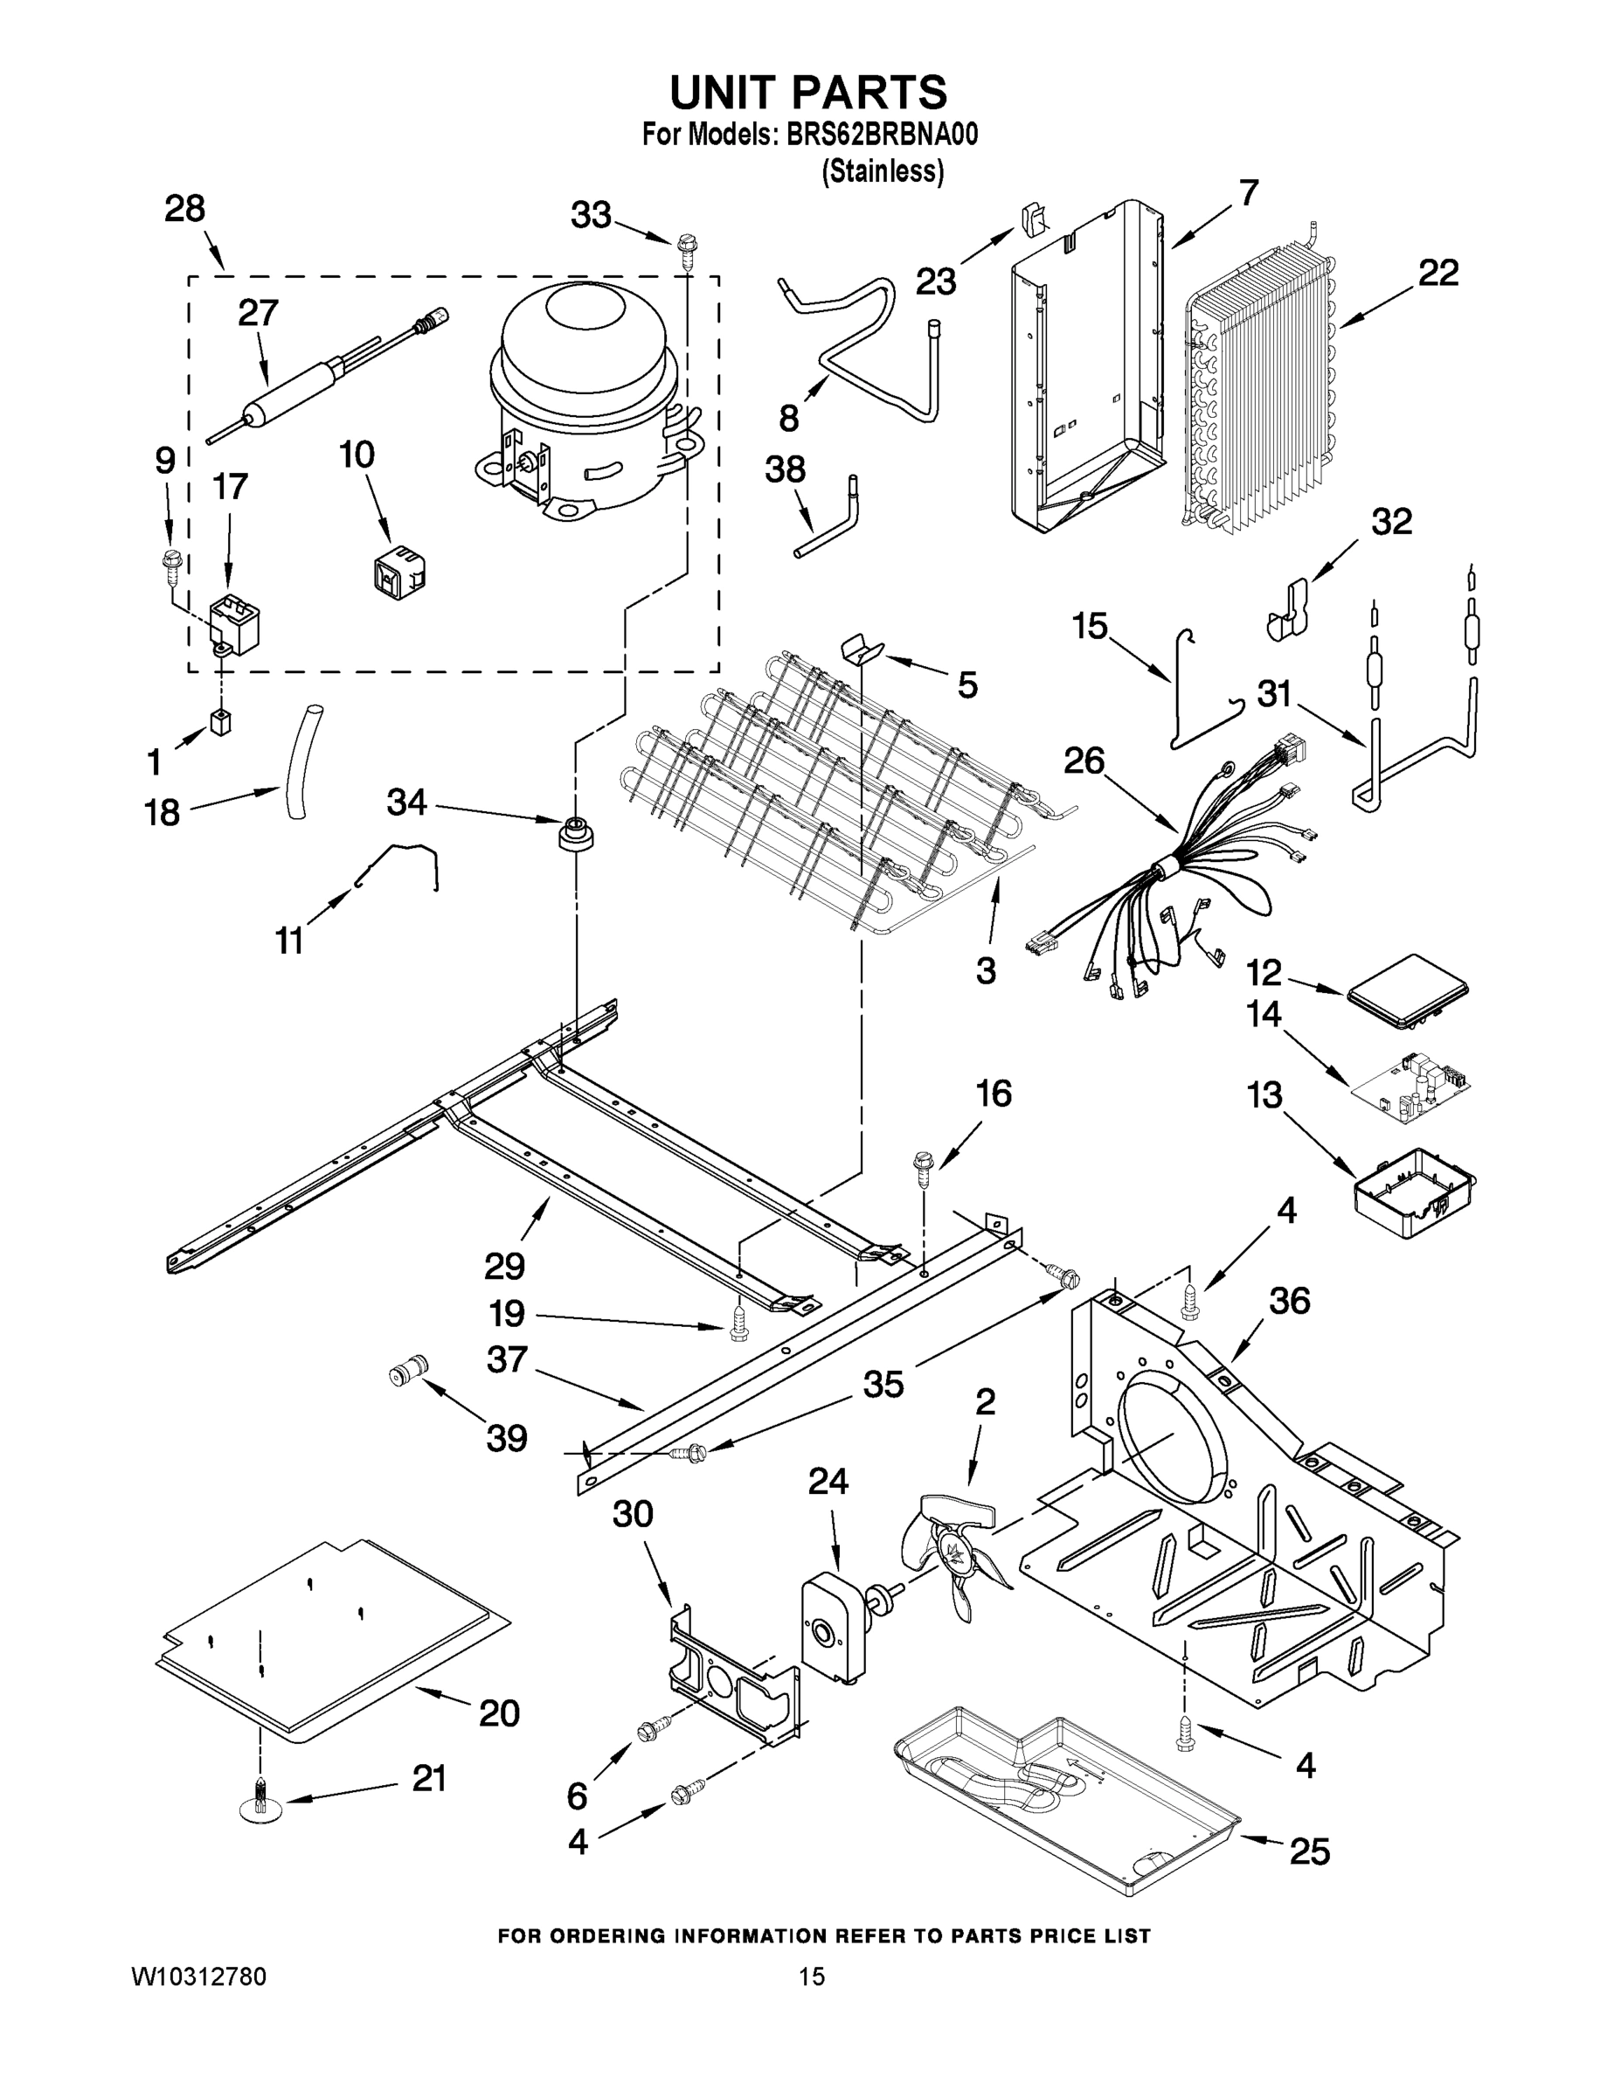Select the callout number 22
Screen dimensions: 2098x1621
click(1437, 273)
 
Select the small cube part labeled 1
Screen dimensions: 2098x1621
click(222, 721)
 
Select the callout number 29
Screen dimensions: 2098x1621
click(504, 1265)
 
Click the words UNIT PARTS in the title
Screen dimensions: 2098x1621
click(807, 92)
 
